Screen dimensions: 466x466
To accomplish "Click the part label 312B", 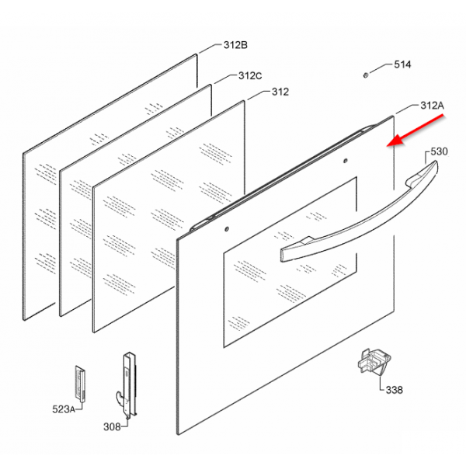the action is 235,45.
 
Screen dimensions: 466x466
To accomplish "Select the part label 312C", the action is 250,76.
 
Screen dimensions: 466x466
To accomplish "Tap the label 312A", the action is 432,106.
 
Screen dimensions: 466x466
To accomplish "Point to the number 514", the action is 402,64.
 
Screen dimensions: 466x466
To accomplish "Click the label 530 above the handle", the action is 439,151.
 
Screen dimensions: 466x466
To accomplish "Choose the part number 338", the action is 394,390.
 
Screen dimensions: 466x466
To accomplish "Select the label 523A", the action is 64,409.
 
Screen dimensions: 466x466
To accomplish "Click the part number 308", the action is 112,426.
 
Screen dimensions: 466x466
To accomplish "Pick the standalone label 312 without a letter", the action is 280,92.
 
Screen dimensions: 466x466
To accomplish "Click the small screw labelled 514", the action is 366,75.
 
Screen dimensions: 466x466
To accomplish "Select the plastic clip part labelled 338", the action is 374,362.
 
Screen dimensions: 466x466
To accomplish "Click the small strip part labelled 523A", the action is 80,384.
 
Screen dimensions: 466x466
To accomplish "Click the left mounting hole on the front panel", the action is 227,229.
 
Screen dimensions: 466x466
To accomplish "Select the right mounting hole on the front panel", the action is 346,161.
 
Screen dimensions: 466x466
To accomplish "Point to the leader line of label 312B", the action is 210,49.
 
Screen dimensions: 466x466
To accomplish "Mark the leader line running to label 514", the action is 381,68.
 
